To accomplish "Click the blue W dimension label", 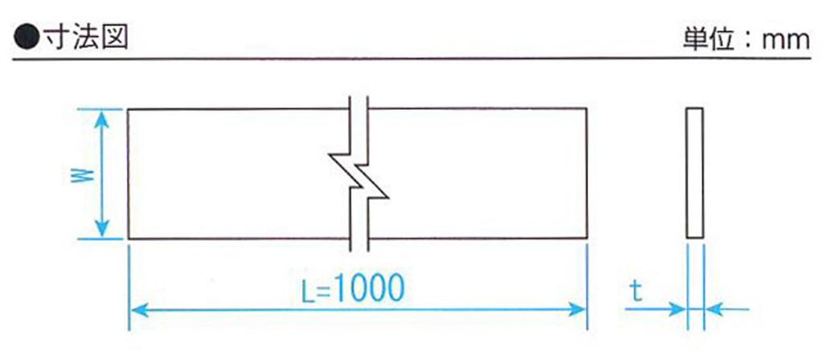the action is click(x=83, y=174).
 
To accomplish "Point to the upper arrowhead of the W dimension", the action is click(x=102, y=120).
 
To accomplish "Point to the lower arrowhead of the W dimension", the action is click(x=102, y=228).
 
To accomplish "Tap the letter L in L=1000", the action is click(x=309, y=290).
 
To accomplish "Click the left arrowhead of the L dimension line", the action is click(x=140, y=309).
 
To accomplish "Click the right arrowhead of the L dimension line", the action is click(x=575, y=309).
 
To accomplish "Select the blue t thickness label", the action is click(x=637, y=292).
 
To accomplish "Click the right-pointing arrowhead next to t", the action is click(x=677, y=309).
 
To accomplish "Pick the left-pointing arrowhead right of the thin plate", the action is click(x=714, y=309).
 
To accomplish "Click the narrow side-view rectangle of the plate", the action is click(x=695, y=174).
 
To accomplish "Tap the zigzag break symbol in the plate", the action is click(x=359, y=174).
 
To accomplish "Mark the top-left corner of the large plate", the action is click(x=129, y=109).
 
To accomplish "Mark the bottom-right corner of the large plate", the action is click(x=586, y=238).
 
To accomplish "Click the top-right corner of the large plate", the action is click(x=586, y=108).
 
